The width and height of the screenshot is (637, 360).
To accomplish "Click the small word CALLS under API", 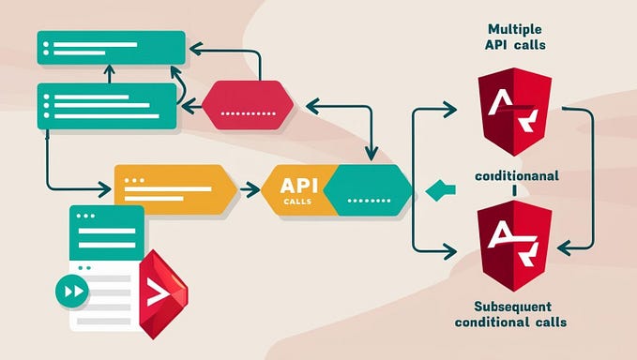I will coord(299,199).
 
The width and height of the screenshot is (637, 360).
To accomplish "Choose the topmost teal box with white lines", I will coord(110,48).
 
